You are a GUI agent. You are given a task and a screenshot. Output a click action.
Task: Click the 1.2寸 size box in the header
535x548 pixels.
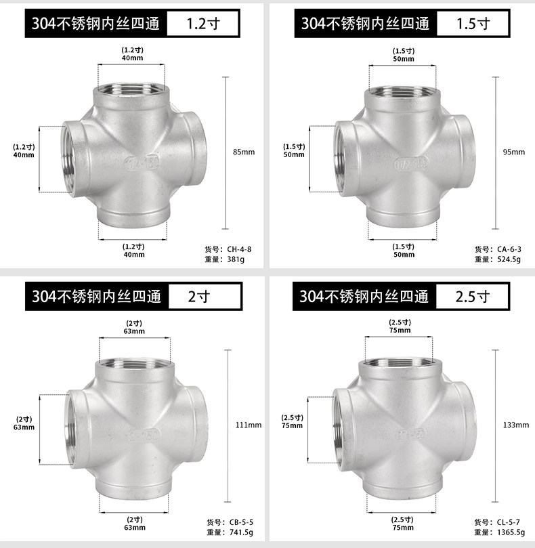pos(203,24)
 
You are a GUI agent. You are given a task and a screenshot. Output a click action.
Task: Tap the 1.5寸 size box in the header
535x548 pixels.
pos(473,24)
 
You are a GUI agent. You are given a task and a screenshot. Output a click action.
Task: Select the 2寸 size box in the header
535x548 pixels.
pos(205,297)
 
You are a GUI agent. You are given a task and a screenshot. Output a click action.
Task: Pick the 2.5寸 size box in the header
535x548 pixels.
pos(472,297)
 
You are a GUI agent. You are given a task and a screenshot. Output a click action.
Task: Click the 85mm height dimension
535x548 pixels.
pos(244,152)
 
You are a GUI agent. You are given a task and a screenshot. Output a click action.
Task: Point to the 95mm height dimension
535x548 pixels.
pos(514,152)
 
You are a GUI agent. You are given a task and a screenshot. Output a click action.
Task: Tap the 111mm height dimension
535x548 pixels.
pos(249,425)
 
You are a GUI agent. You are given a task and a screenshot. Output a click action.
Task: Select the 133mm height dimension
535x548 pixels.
pos(516,425)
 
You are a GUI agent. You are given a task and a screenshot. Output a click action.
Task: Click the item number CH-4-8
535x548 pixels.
pos(239,249)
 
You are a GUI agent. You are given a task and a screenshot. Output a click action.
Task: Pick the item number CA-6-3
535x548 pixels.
pos(509,249)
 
